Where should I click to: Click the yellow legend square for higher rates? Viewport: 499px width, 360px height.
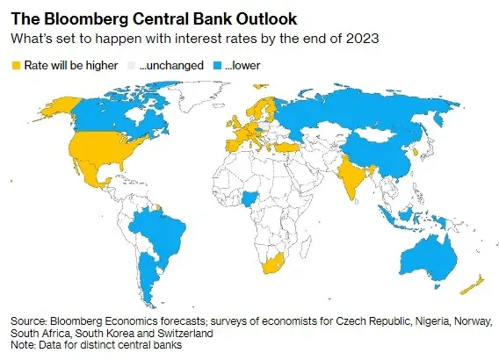(x=16, y=66)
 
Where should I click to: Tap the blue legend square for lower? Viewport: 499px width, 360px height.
(x=217, y=66)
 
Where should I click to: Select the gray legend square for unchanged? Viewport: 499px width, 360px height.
(x=131, y=66)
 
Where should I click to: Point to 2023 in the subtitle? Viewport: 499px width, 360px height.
(x=362, y=39)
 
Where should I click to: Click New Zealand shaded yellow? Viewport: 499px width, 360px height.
(x=473, y=285)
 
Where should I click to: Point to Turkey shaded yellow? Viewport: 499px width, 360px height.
(x=286, y=148)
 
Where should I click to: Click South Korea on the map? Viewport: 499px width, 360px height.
(x=416, y=151)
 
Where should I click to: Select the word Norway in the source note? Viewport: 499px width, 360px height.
(x=472, y=321)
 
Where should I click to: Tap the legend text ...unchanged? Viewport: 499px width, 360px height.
(x=171, y=66)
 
